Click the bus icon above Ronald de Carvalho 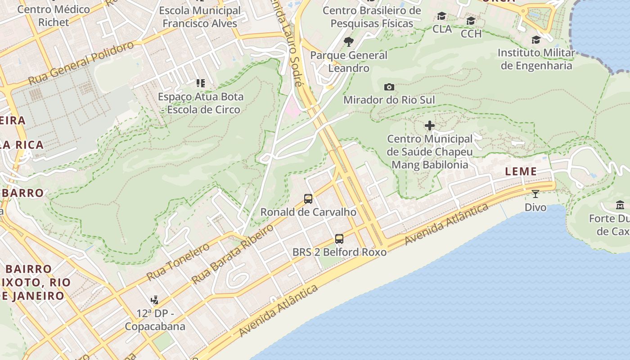(x=308, y=198)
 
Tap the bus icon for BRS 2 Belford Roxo (x=339, y=239)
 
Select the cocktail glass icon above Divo (x=535, y=194)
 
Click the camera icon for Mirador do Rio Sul (x=389, y=87)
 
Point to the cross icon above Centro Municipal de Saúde (x=430, y=126)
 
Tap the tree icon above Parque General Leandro (x=348, y=42)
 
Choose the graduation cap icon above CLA (x=442, y=16)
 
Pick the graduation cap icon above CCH (x=471, y=21)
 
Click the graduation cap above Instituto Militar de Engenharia (x=536, y=40)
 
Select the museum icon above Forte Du (x=620, y=205)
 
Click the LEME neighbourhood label (x=521, y=171)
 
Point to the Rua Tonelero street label (x=178, y=261)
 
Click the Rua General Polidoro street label (x=81, y=63)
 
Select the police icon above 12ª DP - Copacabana (x=155, y=300)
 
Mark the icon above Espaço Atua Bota (x=201, y=83)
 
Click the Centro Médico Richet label (x=54, y=16)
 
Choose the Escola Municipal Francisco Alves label (x=200, y=17)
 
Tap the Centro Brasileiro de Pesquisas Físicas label (x=372, y=17)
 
